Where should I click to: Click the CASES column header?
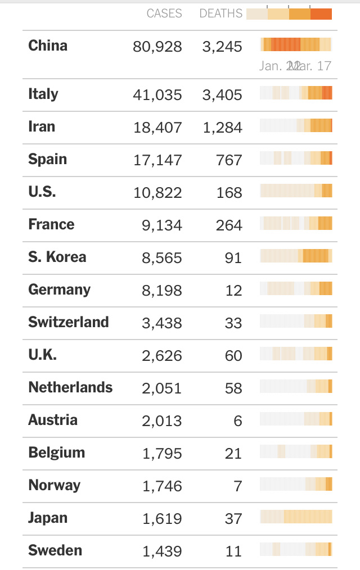[164, 13]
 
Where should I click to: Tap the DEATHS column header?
[221, 13]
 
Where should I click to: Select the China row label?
[48, 46]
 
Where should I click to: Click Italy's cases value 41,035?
[157, 95]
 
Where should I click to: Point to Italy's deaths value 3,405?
[222, 95]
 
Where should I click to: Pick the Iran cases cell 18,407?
[157, 128]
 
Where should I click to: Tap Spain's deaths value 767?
[229, 160]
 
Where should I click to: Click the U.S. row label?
[42, 192]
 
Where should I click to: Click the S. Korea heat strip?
[296, 256]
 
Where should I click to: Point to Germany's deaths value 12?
[233, 291]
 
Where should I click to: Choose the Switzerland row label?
[68, 322]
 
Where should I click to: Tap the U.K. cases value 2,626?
[161, 356]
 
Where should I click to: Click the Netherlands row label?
[70, 387]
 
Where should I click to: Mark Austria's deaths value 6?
[237, 421]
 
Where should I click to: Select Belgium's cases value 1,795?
[161, 454]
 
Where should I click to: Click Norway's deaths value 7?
[237, 486]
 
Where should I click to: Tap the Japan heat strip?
[296, 517]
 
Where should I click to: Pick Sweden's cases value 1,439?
[161, 551]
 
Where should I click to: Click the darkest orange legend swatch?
[321, 14]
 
